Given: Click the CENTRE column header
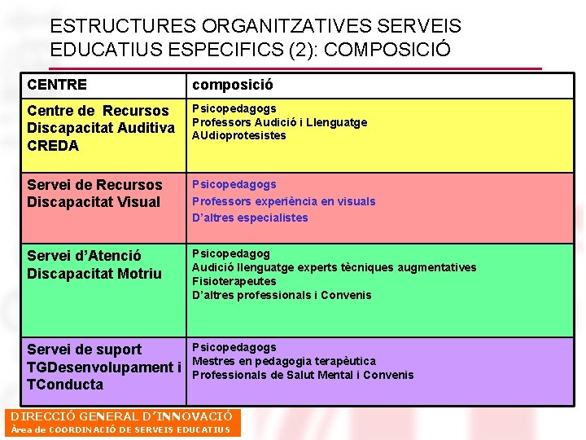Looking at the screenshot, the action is [x=57, y=85].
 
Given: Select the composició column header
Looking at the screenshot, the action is [x=232, y=85].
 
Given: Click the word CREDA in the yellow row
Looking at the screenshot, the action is [x=53, y=146].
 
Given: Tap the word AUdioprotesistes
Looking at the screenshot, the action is [x=238, y=136].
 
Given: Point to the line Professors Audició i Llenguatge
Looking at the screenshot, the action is [x=279, y=122].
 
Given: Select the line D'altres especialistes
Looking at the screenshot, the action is [x=250, y=218].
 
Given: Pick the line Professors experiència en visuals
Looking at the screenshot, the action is [x=283, y=201].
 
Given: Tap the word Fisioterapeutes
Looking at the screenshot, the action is [x=234, y=281].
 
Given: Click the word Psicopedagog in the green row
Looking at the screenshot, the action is [x=230, y=253].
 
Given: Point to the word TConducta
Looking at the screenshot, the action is [x=65, y=385].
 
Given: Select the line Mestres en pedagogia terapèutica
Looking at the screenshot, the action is [x=283, y=361].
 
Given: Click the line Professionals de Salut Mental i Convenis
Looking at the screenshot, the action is [x=302, y=375].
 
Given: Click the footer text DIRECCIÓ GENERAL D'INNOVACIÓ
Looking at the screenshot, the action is [x=121, y=416].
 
